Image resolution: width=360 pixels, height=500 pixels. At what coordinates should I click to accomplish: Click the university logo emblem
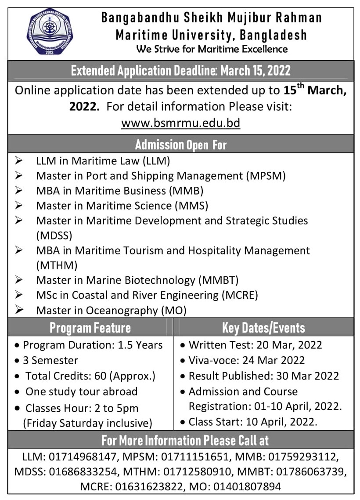point(49,32)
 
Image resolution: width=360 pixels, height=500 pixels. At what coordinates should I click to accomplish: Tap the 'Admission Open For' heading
point(180,144)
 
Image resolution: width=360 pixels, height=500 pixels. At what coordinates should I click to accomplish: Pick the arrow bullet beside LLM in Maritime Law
point(19,161)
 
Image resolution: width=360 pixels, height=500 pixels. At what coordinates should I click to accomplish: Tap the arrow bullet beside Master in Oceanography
point(19,310)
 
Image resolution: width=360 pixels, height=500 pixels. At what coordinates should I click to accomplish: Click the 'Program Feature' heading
point(90,327)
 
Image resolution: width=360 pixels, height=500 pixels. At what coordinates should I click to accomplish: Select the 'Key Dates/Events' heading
point(263,327)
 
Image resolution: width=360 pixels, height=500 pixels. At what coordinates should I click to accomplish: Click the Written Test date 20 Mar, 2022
point(284,345)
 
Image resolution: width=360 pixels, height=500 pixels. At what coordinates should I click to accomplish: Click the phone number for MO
point(244,487)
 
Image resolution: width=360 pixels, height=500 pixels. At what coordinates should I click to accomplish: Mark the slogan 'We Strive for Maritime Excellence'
point(212,49)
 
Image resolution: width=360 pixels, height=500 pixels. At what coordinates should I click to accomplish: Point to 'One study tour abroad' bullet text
point(81,391)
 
